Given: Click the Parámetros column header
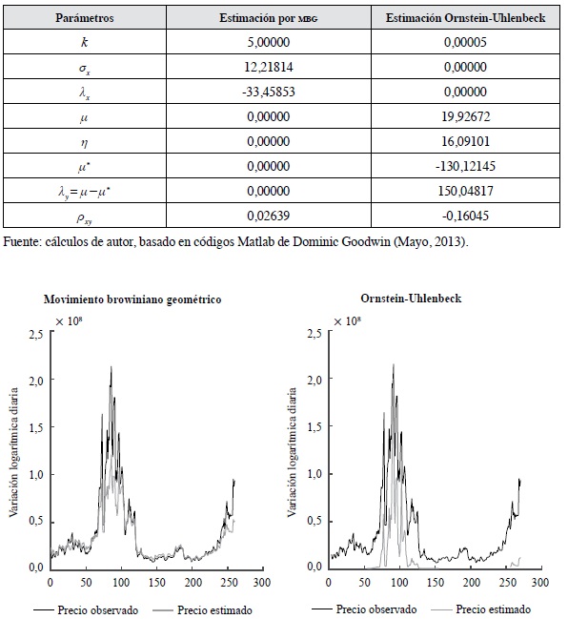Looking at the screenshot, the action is [85, 18].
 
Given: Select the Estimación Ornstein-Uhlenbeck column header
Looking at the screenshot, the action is [465, 18].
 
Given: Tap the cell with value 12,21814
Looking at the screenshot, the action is [268, 67].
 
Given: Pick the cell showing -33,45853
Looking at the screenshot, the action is [268, 92].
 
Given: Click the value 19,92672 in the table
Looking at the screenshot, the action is [465, 116].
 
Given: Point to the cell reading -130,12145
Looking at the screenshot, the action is [465, 166].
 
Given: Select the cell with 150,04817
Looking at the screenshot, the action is [465, 191].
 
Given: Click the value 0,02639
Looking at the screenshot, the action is [268, 216].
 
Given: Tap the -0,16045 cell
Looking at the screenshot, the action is [465, 216].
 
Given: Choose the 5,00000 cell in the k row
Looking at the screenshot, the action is [268, 42].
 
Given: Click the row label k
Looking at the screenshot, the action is [84, 42].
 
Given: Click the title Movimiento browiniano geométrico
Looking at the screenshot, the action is [132, 299].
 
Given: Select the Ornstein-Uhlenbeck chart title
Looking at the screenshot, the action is [411, 298].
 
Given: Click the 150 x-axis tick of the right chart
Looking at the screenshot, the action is [436, 583].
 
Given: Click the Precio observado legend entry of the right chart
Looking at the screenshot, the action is [364, 609].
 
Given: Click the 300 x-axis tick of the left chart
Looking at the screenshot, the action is [261, 583].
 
